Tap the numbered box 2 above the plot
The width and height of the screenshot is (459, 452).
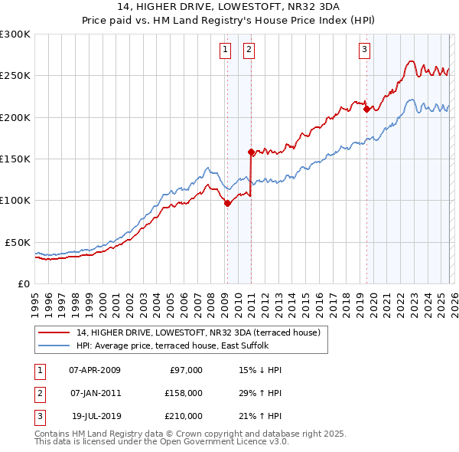[x=249, y=51]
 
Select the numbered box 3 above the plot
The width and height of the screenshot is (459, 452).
[x=364, y=51]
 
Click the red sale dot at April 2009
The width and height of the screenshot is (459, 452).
[x=227, y=203]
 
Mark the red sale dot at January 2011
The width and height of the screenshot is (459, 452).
[x=251, y=152]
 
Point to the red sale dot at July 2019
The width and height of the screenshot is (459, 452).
[x=366, y=110]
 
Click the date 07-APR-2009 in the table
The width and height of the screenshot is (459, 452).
[x=95, y=370]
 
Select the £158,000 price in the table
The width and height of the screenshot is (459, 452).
[x=183, y=393]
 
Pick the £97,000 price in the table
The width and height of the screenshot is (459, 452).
[x=185, y=370]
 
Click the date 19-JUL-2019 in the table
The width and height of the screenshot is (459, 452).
[x=95, y=416]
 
